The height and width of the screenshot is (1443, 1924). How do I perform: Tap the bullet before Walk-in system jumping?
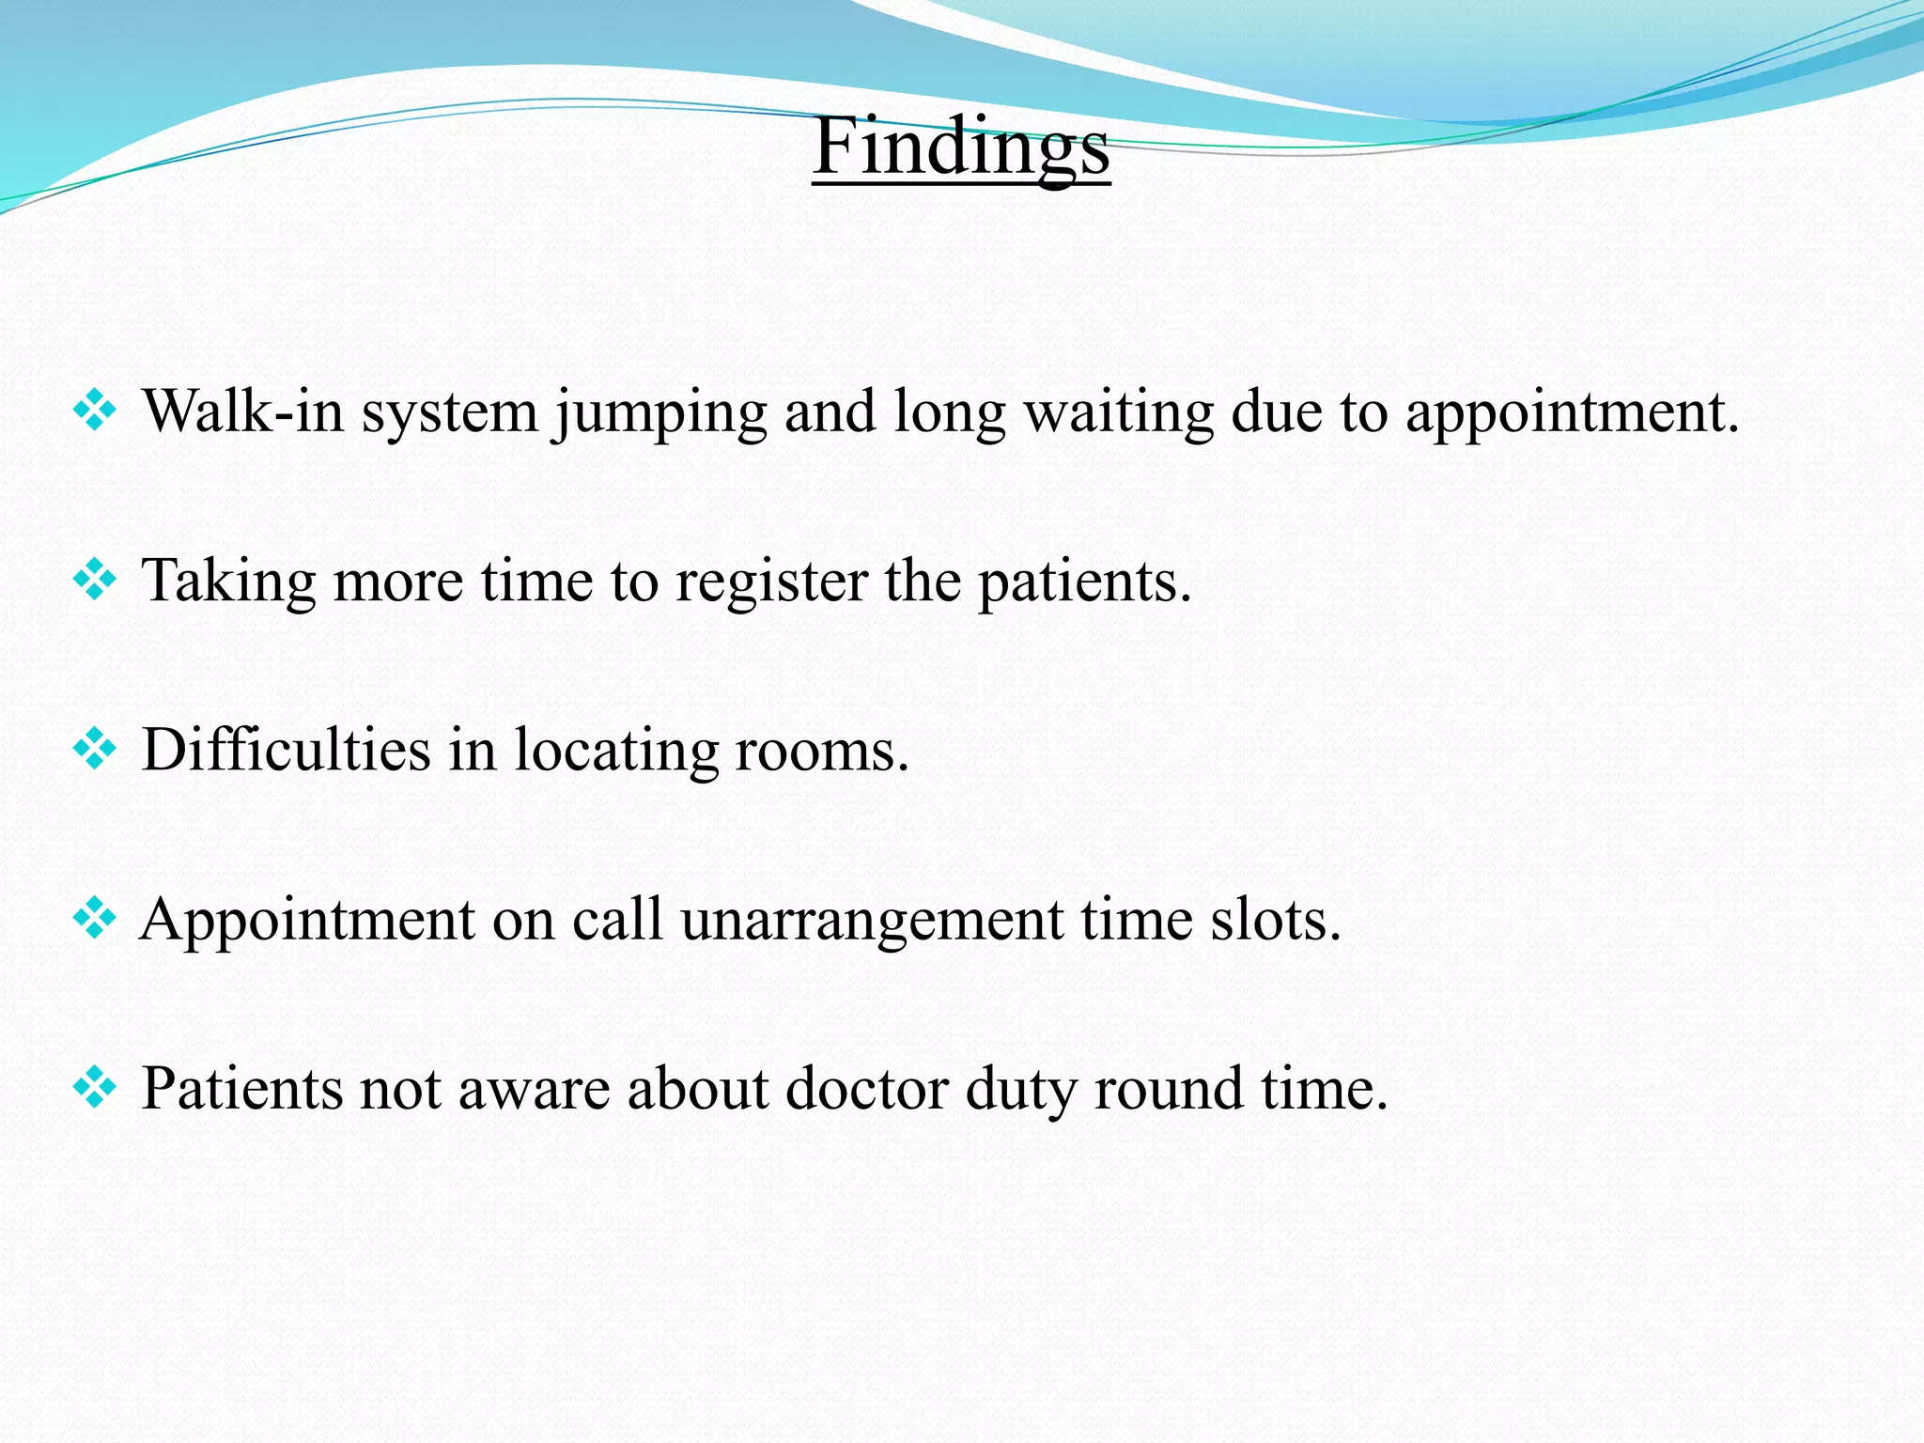94,411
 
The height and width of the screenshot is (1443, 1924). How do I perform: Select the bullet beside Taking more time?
94,580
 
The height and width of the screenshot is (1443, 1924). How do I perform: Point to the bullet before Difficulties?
94,750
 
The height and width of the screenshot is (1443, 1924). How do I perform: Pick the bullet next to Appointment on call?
94,918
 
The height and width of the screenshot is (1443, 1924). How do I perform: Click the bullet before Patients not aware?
94,1088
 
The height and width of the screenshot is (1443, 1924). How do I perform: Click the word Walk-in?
242,411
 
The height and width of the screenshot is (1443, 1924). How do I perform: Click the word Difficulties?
286,750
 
